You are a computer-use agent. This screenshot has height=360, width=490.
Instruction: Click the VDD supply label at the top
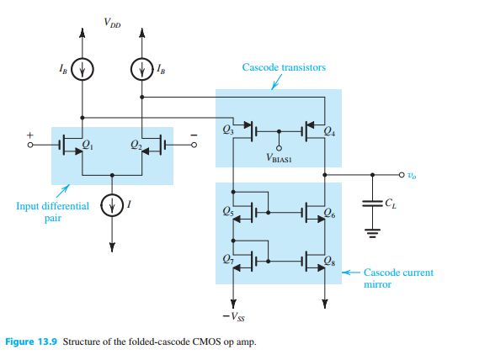[x=112, y=24]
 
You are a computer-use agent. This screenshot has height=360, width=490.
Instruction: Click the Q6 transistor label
[x=328, y=216]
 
